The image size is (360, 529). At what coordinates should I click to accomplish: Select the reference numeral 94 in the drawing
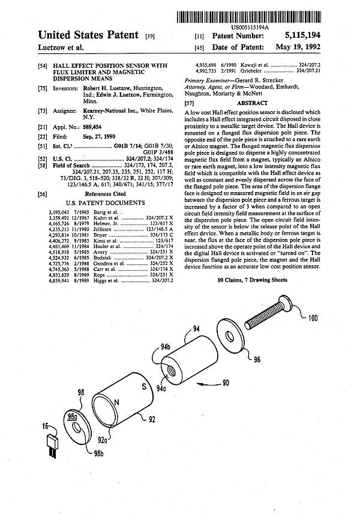(x=196, y=329)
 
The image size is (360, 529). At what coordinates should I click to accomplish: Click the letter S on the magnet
(x=145, y=387)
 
